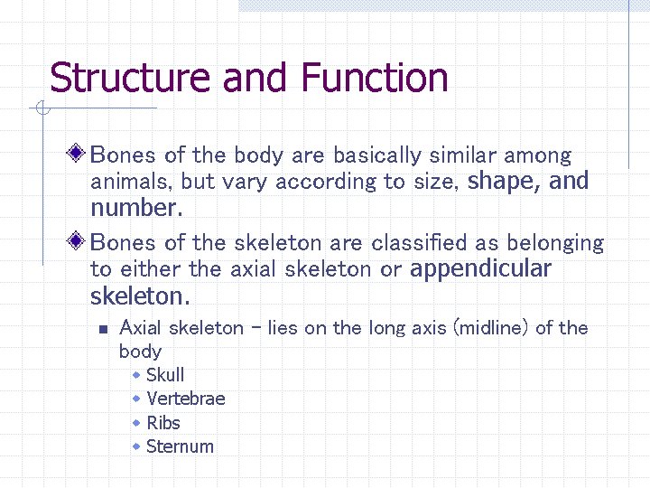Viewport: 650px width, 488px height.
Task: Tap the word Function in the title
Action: point(375,78)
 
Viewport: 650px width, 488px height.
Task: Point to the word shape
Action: point(503,182)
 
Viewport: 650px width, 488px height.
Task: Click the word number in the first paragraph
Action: point(134,208)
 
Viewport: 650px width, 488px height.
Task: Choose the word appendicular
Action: point(480,268)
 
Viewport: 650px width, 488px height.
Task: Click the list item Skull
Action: point(165,375)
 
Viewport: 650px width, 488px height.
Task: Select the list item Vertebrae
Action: point(186,399)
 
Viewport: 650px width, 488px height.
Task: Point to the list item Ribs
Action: point(163,422)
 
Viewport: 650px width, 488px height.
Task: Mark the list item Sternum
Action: point(180,446)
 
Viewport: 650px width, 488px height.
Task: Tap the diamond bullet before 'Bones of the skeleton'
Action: point(79,241)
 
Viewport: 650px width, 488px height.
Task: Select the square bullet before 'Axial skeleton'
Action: point(104,329)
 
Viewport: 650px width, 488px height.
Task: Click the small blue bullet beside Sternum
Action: point(136,446)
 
